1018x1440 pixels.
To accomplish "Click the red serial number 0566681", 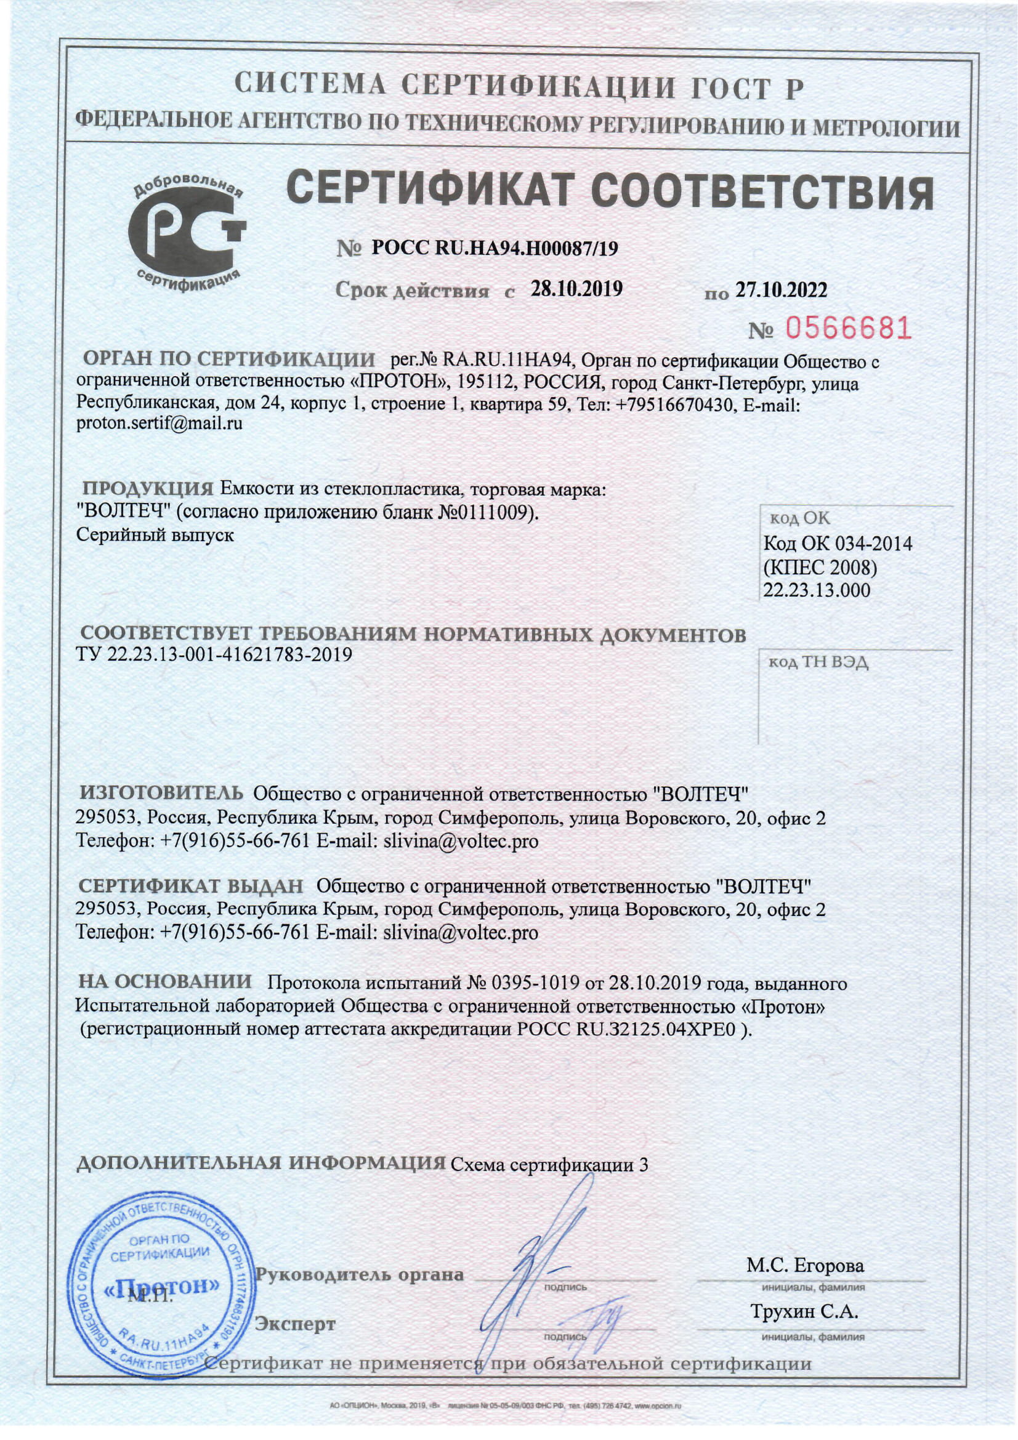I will tap(848, 328).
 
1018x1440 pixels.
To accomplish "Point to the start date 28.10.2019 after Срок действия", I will tap(576, 289).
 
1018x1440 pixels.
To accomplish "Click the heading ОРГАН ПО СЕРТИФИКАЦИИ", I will tap(228, 360).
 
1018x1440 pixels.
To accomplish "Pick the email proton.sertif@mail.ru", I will tap(159, 424).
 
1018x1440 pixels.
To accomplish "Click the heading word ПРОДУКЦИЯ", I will tap(148, 489).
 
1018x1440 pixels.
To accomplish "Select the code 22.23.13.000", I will tap(816, 590).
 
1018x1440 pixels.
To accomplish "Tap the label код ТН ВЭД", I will tap(818, 663).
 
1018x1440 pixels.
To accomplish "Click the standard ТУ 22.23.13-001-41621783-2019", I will tap(214, 655).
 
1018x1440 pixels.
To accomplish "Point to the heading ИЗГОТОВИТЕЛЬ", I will tap(161, 794).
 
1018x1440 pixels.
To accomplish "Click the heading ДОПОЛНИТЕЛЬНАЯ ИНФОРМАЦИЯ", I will tap(261, 1163).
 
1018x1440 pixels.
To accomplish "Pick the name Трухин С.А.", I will tap(804, 1311).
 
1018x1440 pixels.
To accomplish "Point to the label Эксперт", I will tap(294, 1324).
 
